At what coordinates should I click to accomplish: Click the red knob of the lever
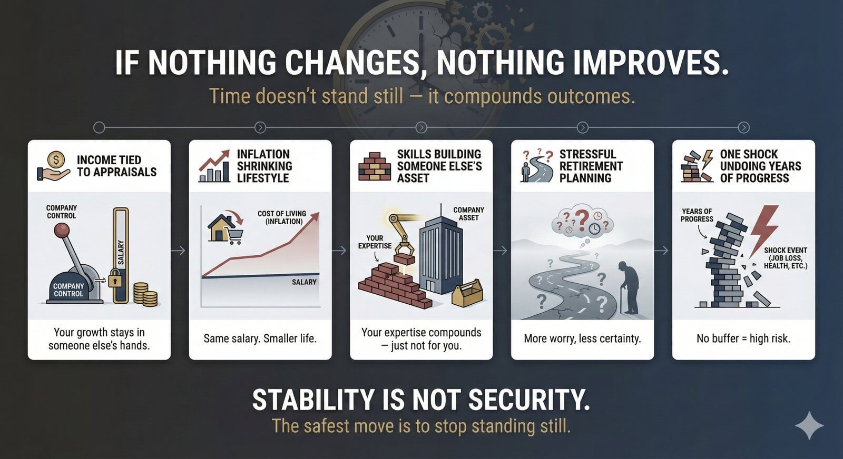tap(63, 230)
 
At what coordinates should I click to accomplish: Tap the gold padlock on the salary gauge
tap(115, 279)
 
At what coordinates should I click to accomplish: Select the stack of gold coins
tap(145, 294)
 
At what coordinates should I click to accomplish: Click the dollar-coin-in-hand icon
tap(53, 166)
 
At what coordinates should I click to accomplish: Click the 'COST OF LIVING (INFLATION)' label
tap(282, 217)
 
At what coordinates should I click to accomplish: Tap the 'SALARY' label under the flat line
tap(304, 282)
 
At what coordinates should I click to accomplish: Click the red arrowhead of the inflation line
tap(316, 216)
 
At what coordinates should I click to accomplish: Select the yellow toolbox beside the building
tap(467, 294)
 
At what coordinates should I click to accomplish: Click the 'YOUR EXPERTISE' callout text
tap(375, 242)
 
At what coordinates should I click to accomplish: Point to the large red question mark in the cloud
tap(581, 220)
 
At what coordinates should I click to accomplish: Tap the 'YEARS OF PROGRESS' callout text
tap(697, 215)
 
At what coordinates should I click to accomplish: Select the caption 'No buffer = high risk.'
tap(743, 338)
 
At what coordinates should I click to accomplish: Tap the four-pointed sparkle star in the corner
tap(809, 425)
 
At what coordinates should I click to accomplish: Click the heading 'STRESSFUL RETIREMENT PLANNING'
tap(591, 166)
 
